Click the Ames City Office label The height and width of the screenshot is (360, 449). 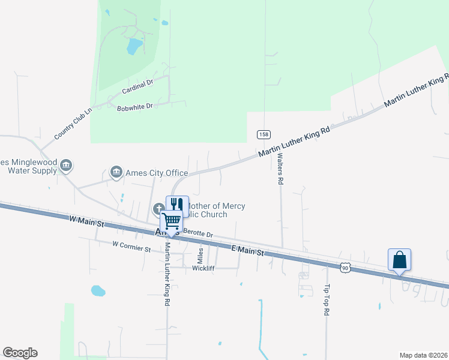[x=156, y=173]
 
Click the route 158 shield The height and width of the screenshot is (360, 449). [x=263, y=134]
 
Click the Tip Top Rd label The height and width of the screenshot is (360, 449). [x=327, y=300]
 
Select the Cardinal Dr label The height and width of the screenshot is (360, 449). [x=137, y=87]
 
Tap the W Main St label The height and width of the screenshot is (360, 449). [x=86, y=223]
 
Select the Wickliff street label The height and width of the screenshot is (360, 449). [x=203, y=268]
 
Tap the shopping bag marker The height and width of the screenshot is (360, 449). [x=399, y=260]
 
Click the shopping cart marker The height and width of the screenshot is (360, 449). [x=172, y=221]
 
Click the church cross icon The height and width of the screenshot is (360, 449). [x=159, y=209]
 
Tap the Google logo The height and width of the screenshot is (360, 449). [x=20, y=353]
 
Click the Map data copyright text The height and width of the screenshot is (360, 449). [x=423, y=355]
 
